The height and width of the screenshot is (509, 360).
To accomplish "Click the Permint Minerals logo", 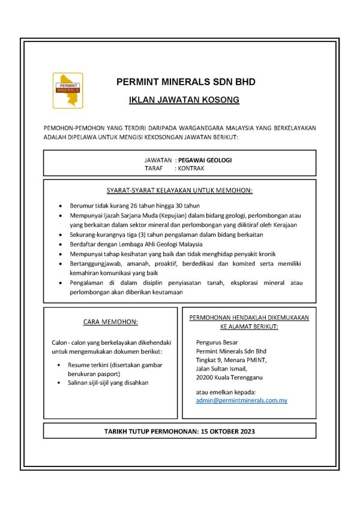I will coord(68,91).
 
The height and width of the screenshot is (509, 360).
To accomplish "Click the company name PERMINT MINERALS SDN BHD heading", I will coord(185,82).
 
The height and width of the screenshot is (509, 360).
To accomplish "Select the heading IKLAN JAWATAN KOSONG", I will coord(184,100).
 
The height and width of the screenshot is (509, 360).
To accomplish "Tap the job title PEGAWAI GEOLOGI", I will coord(205,160).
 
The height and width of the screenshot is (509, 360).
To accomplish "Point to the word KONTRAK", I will coord(191,168).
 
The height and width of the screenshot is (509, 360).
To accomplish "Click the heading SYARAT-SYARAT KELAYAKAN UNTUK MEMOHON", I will coord(179,191).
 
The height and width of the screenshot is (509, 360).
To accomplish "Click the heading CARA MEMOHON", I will coord(110,322).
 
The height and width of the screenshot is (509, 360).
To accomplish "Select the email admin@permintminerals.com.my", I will coord(241,399).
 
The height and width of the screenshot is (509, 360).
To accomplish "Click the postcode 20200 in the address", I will coord(206,378).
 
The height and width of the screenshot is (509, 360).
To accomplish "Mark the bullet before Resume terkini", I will coord(58,365).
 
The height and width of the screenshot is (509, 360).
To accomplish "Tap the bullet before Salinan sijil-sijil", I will coord(58,382).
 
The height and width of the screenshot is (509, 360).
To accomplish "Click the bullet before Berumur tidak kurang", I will coord(61,206).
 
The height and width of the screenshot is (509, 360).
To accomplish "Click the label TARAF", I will coord(154,168).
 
